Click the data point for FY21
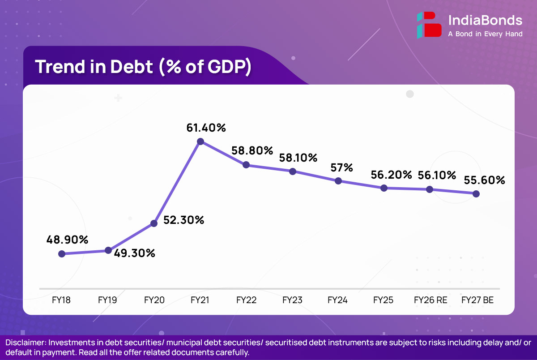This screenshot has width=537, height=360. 200,141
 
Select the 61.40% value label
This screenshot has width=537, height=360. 206,128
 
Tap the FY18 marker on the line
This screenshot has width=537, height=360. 62,254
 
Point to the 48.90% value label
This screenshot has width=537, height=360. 67,240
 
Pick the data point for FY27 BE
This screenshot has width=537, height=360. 476,194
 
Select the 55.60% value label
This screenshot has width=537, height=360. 484,180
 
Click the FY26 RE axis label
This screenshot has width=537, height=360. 430,300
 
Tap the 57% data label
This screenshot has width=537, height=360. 342,167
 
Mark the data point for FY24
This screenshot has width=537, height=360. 338,181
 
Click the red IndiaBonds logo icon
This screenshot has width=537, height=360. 426,25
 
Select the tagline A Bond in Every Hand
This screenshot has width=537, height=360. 485,34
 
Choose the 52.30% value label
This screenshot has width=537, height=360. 183,220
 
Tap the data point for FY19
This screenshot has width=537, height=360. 108,250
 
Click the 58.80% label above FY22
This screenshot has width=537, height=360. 252,150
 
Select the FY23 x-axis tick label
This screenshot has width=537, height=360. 292,300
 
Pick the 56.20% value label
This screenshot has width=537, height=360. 391,175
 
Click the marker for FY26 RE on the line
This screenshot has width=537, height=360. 430,189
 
